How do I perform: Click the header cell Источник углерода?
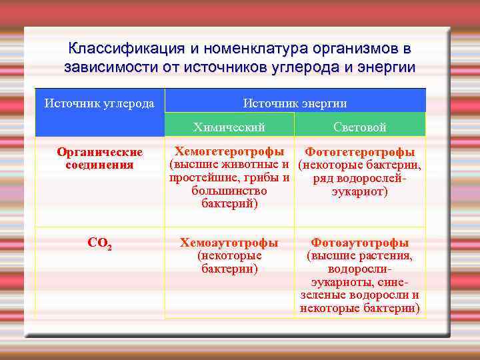click(99, 103)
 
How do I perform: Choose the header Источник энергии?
click(295, 103)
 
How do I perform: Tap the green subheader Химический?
click(229, 127)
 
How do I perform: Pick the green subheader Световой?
click(359, 127)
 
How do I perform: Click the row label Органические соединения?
click(99, 159)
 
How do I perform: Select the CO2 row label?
click(99, 244)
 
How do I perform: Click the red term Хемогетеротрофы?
click(229, 152)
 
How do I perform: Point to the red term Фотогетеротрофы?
click(359, 153)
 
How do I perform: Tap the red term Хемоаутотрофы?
click(229, 243)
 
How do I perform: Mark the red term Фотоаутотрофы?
click(359, 243)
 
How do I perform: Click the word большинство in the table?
click(229, 191)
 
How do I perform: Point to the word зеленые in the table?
click(323, 295)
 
